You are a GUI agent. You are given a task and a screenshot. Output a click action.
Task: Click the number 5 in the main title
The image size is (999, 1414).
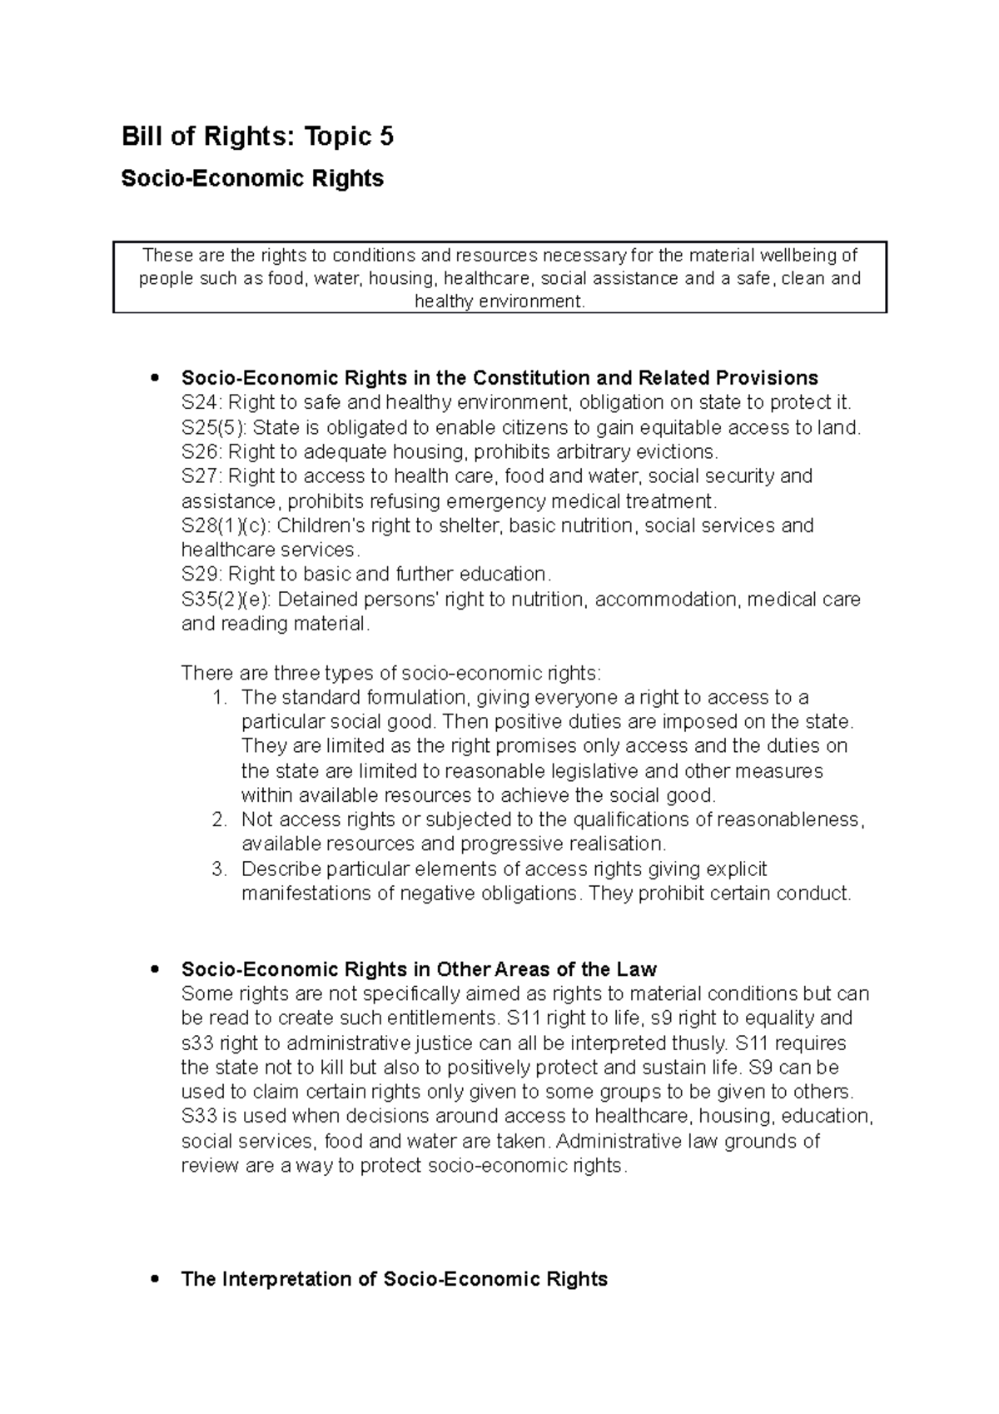pos(385,137)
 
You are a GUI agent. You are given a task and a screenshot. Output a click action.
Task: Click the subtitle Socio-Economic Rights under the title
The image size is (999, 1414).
pos(252,178)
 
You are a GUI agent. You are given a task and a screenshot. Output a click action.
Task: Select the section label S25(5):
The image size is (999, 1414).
pos(213,428)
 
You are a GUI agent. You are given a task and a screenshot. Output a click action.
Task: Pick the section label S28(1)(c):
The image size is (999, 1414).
pos(226,526)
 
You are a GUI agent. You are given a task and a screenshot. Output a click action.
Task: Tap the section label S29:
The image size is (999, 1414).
pos(201,575)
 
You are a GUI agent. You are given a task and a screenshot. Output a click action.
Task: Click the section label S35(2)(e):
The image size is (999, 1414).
pos(226,600)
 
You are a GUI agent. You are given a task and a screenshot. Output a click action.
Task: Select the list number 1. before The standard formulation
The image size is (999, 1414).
pos(219,698)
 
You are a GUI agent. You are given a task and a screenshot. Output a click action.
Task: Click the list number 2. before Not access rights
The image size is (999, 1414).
pos(219,820)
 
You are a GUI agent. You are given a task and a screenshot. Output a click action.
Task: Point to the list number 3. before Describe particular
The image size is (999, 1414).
pos(219,869)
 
